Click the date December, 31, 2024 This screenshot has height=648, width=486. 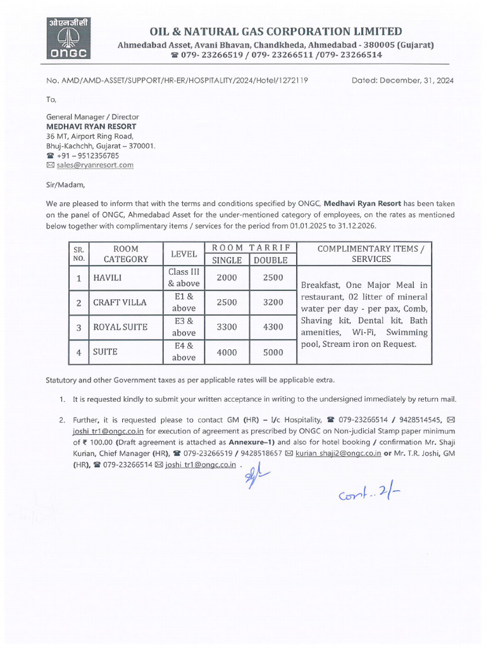pyautogui.click(x=402, y=80)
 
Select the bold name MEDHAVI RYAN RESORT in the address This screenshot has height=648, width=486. pyautogui.click(x=91, y=127)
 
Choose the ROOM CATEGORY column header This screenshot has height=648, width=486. pyautogui.click(x=126, y=254)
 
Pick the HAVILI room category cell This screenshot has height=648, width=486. pyautogui.click(x=108, y=278)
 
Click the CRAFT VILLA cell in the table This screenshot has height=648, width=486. pyautogui.click(x=120, y=302)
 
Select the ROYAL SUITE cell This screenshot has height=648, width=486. pyautogui.click(x=120, y=327)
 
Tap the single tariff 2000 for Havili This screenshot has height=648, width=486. pyautogui.click(x=227, y=278)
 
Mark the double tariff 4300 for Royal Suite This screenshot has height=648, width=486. pyautogui.click(x=273, y=327)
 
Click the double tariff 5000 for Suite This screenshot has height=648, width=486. pyautogui.click(x=273, y=352)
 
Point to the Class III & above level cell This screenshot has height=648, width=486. pyautogui.click(x=184, y=278)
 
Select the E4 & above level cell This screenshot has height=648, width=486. pyautogui.click(x=184, y=352)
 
